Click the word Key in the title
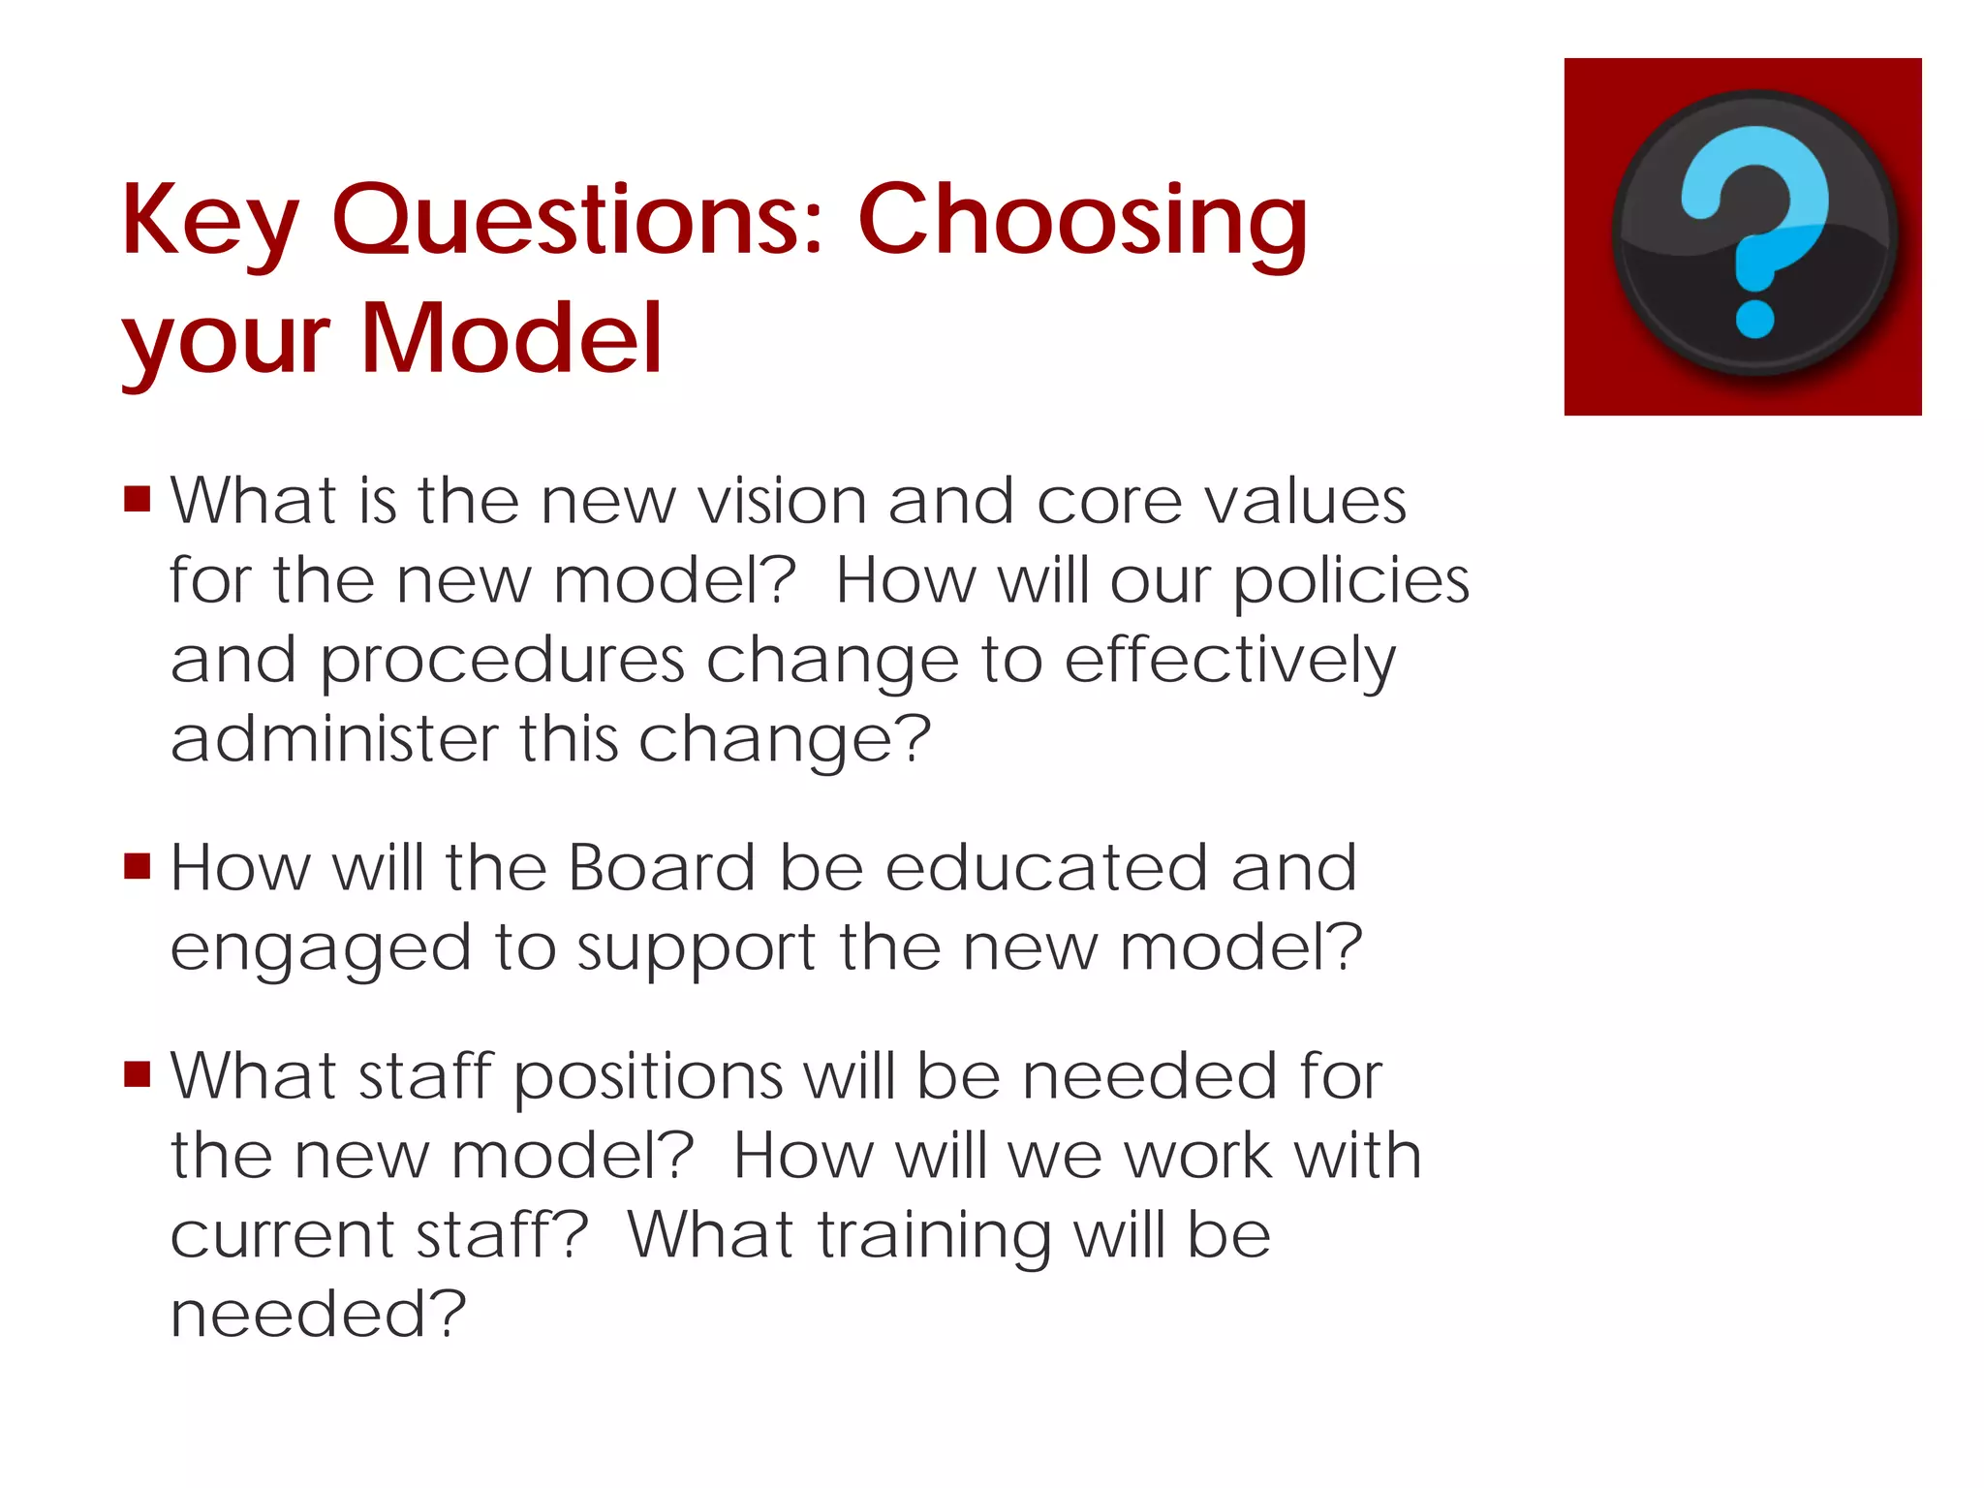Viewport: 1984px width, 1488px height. tap(209, 223)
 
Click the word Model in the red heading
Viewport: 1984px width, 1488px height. tap(511, 339)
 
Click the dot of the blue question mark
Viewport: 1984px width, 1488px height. tap(1754, 319)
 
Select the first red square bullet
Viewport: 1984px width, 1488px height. tap(138, 499)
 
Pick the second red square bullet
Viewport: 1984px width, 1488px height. tap(138, 865)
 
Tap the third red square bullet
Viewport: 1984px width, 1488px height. tap(138, 1074)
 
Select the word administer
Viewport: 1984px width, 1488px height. tap(333, 739)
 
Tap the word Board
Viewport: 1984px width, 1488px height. tap(661, 868)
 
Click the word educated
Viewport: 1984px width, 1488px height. tap(1046, 868)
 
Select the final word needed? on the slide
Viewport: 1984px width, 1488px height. tap(318, 1316)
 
